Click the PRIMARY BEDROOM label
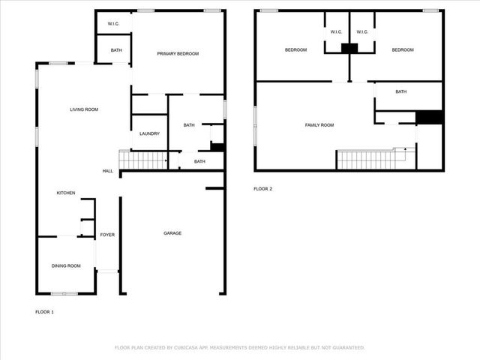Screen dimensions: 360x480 pyautogui.click(x=177, y=53)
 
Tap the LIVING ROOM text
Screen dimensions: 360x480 pyautogui.click(x=84, y=109)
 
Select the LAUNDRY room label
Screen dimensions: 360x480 pyautogui.click(x=149, y=133)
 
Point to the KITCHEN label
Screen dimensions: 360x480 pyautogui.click(x=66, y=193)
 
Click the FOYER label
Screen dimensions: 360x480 pyautogui.click(x=107, y=235)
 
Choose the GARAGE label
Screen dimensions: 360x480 pyautogui.click(x=172, y=233)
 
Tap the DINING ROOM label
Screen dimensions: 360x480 pyautogui.click(x=66, y=265)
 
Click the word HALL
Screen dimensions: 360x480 pyautogui.click(x=107, y=171)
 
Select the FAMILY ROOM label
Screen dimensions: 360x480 pyautogui.click(x=319, y=124)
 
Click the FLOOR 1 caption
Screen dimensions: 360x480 pyautogui.click(x=45, y=311)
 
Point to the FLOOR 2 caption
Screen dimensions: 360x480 pyautogui.click(x=262, y=188)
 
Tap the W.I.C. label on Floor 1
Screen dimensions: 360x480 pyautogui.click(x=114, y=24)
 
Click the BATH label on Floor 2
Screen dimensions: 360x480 pyautogui.click(x=401, y=91)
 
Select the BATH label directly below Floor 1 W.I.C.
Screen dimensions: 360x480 pyautogui.click(x=116, y=50)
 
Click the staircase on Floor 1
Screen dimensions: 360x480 pyautogui.click(x=142, y=160)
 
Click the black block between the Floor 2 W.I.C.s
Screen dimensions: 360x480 pyautogui.click(x=349, y=48)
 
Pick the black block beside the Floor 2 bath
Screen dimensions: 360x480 pyautogui.click(x=429, y=117)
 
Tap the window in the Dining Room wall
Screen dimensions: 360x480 pyautogui.click(x=62, y=292)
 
